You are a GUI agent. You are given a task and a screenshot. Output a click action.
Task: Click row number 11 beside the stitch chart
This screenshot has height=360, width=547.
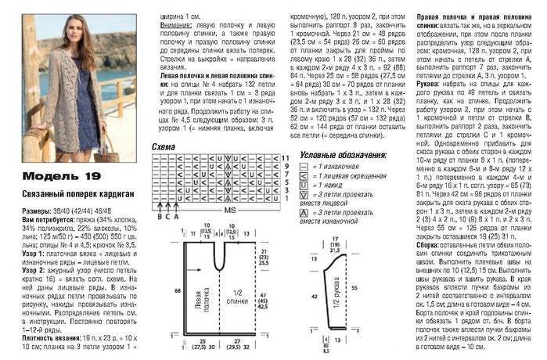(x=286, y=158)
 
